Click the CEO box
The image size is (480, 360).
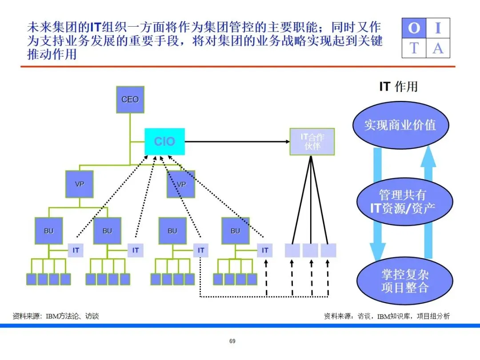pos(130,100)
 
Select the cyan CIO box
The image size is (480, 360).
pos(165,142)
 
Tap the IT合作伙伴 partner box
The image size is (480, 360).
pos(312,142)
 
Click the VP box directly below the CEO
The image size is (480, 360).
pos(80,184)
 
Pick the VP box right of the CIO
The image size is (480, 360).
pos(181,184)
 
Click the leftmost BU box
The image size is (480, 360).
pos(48,231)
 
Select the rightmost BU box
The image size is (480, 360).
pos(236,231)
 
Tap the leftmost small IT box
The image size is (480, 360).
pos(76,250)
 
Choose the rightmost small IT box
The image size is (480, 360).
pos(265,250)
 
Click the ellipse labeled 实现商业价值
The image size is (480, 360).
pos(400,125)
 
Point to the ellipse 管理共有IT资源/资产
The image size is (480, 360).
pos(404,201)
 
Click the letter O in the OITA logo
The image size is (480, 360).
pos(414,28)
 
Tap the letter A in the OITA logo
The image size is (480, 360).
pos(438,48)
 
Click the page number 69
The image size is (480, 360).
pos(232,341)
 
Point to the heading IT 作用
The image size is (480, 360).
pos(398,86)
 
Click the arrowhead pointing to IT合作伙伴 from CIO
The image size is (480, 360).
pos(286,142)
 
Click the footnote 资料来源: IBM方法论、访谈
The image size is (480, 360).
pos(56,316)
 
